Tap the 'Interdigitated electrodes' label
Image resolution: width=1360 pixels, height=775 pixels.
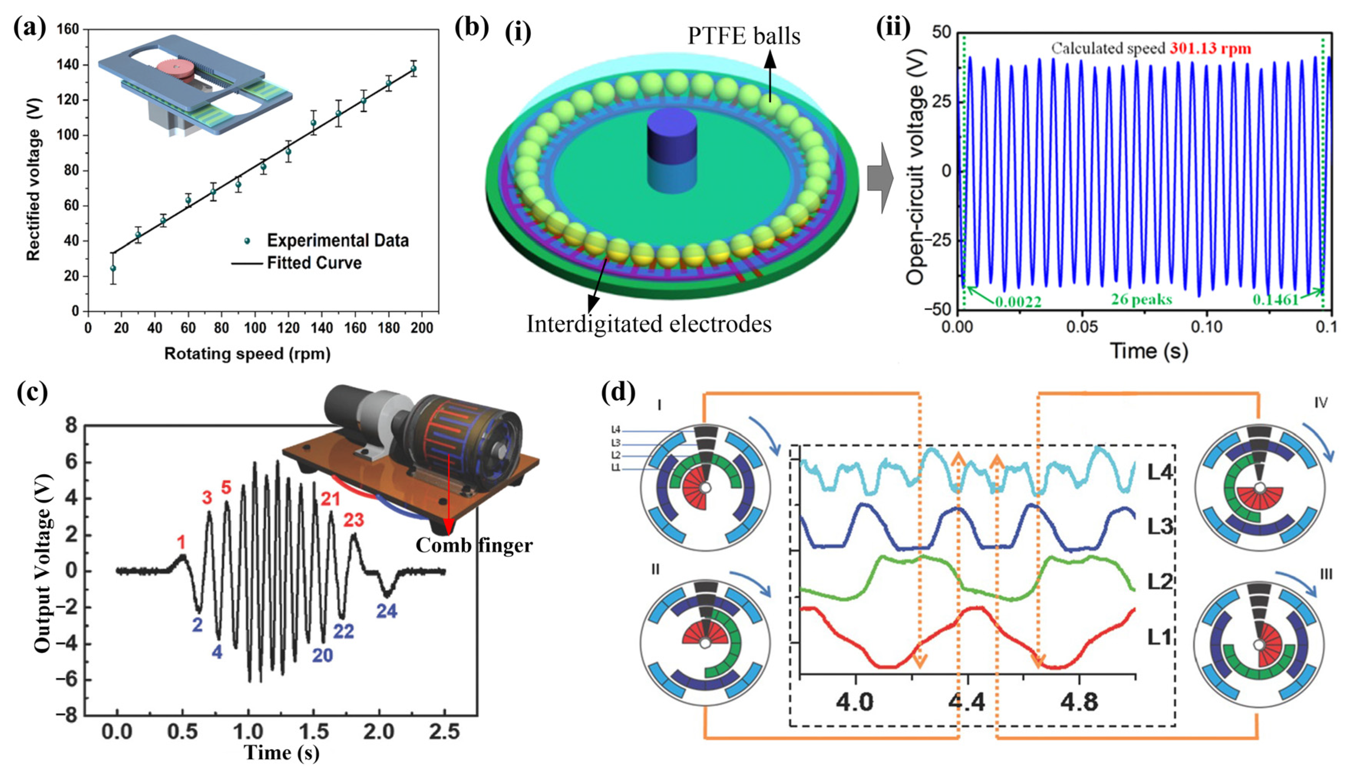[649, 323]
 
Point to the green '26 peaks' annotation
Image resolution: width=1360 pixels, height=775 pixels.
[1141, 300]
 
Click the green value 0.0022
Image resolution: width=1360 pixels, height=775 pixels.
[1018, 302]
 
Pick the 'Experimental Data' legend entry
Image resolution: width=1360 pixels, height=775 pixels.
[337, 241]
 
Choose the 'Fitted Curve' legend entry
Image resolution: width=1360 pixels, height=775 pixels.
[314, 263]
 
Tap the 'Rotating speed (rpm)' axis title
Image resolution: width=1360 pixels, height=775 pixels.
[247, 354]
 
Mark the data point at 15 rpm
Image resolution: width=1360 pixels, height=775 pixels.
[113, 268]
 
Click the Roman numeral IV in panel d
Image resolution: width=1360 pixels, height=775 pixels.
[1320, 403]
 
